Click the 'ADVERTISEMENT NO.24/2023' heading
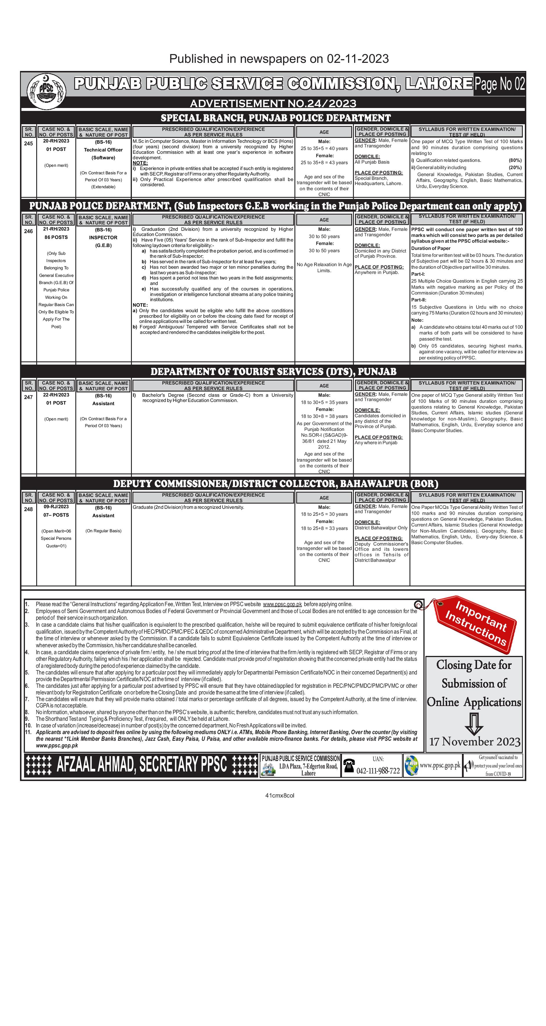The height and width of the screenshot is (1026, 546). [x=273, y=104]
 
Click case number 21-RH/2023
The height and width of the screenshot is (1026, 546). [x=56, y=229]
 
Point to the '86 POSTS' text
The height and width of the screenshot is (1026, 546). [x=56, y=237]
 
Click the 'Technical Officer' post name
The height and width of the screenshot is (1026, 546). [x=103, y=150]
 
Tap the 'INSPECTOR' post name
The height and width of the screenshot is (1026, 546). [x=103, y=237]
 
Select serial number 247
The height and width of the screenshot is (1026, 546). [x=28, y=397]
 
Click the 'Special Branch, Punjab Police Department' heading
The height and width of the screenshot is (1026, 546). [x=275, y=118]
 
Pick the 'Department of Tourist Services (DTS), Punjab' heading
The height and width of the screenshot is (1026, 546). [x=273, y=372]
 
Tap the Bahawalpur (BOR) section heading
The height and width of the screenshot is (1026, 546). [x=275, y=484]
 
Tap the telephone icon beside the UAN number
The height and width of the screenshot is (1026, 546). [x=349, y=766]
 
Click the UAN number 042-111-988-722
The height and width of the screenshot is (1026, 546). [x=378, y=771]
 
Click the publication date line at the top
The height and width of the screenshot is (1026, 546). [x=279, y=59]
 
